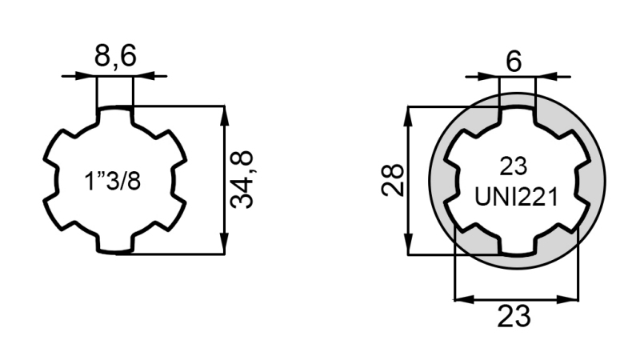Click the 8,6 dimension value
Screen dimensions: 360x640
coord(115,58)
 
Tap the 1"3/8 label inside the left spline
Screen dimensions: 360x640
coord(113,181)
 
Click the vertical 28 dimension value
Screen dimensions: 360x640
coord(391,181)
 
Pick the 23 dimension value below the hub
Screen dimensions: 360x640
coord(514,315)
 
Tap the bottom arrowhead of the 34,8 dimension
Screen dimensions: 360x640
coord(225,246)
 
